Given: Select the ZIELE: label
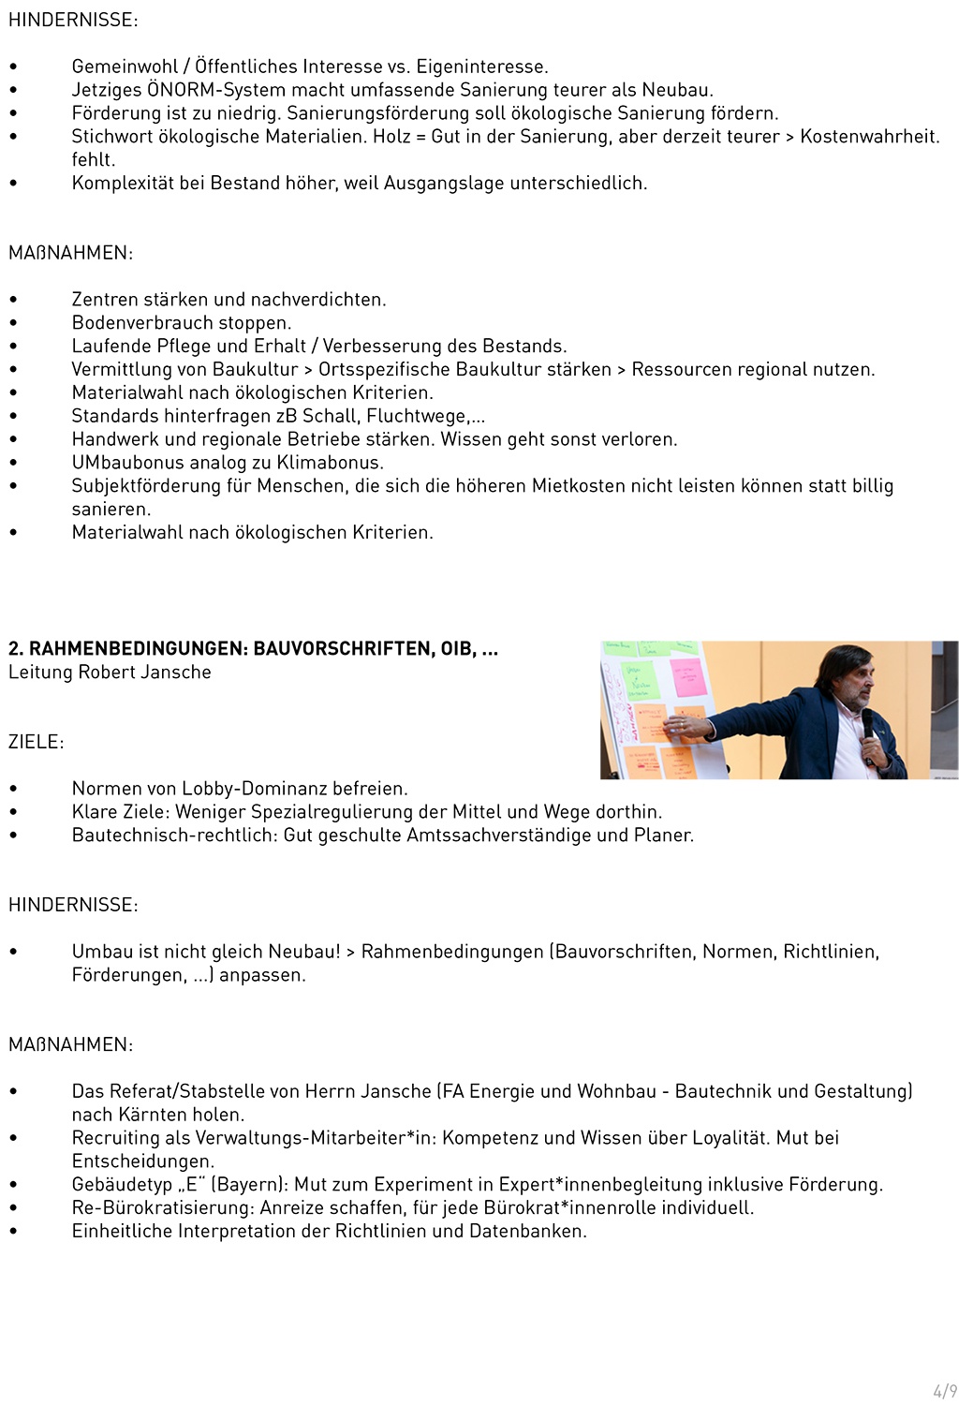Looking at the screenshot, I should [37, 742].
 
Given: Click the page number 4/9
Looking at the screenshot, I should [945, 1391].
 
